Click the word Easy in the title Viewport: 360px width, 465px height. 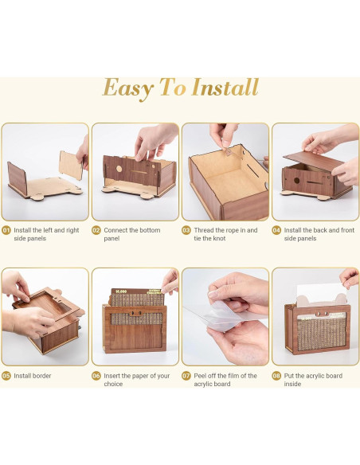pyautogui.click(x=128, y=89)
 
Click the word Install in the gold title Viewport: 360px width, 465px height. pyautogui.click(x=225, y=88)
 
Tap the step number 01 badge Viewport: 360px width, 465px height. pyautogui.click(x=6, y=230)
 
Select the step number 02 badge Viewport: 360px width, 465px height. pyautogui.click(x=96, y=230)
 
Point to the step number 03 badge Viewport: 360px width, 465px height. pyautogui.click(x=186, y=230)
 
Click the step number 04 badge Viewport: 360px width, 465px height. pyautogui.click(x=276, y=230)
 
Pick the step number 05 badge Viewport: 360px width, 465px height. pyautogui.click(x=6, y=376)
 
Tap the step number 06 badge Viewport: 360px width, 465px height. pyautogui.click(x=96, y=376)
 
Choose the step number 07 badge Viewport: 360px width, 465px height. pyautogui.click(x=186, y=376)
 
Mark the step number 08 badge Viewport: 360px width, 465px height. pyautogui.click(x=276, y=376)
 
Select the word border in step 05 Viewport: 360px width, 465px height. pyautogui.click(x=41, y=376)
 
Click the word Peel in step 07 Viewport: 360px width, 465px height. pyautogui.click(x=200, y=376)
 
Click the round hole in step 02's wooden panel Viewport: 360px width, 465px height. pyautogui.click(x=119, y=169)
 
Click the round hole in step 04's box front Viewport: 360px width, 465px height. pyautogui.click(x=296, y=180)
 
